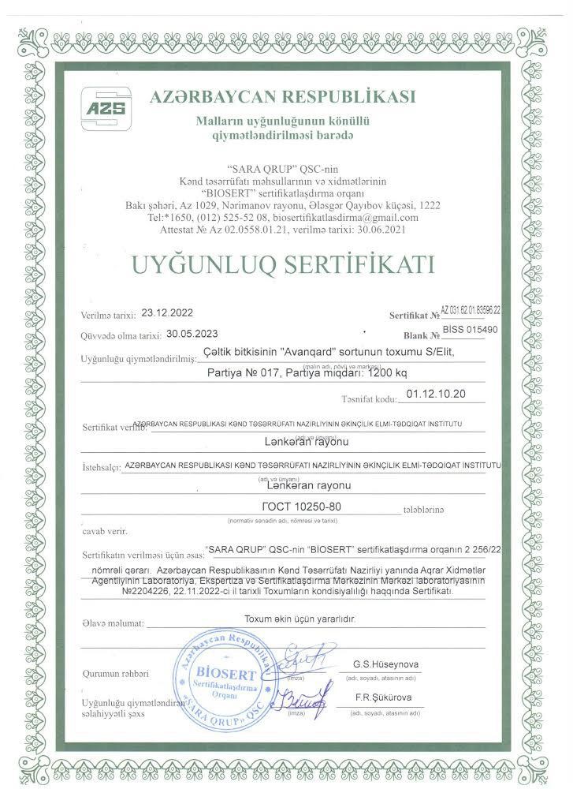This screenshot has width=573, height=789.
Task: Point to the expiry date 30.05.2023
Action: tap(193, 333)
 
